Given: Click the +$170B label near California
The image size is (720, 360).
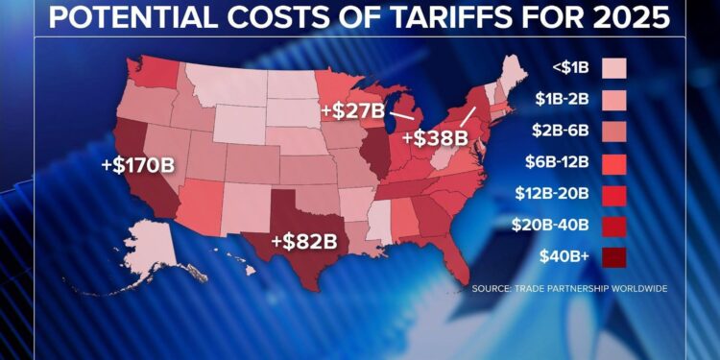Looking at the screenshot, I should [x=137, y=165].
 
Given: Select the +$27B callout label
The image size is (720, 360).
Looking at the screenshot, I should [x=352, y=110].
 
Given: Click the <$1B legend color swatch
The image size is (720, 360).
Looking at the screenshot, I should [x=613, y=67].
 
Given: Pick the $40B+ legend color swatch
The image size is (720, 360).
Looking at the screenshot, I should [x=613, y=257].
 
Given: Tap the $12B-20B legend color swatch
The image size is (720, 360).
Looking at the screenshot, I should [x=613, y=194].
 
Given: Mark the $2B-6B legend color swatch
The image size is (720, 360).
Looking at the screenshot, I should [x=613, y=131].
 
